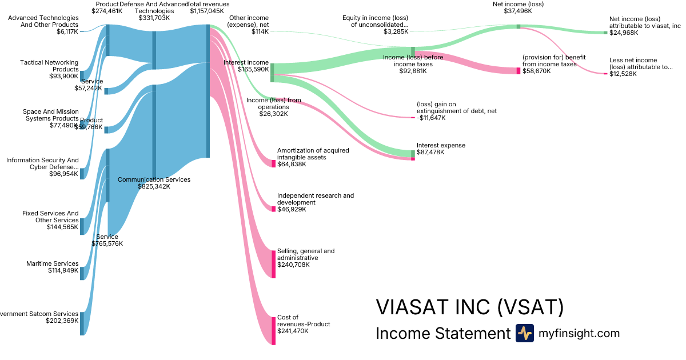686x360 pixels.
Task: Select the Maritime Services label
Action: [x=53, y=263]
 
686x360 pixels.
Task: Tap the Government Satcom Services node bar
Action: [x=82, y=323]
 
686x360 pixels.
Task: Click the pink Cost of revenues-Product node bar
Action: [x=273, y=330]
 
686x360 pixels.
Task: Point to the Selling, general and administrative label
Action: [x=306, y=254]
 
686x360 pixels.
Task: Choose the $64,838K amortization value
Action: [x=292, y=164]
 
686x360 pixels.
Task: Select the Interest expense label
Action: [x=441, y=145]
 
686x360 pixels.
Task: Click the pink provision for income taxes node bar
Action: [x=519, y=71]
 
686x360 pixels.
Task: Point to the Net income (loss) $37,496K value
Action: [x=509, y=11]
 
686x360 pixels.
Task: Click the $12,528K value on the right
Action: [x=623, y=74]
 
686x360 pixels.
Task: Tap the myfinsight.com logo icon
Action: [x=524, y=333]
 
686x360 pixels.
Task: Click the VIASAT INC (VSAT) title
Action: [x=469, y=307]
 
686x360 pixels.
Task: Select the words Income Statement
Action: [x=442, y=333]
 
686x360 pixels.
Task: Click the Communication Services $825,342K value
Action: [x=154, y=186]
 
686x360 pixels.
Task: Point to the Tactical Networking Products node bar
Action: [x=82, y=76]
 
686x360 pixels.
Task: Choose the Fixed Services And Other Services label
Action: [x=50, y=217]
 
